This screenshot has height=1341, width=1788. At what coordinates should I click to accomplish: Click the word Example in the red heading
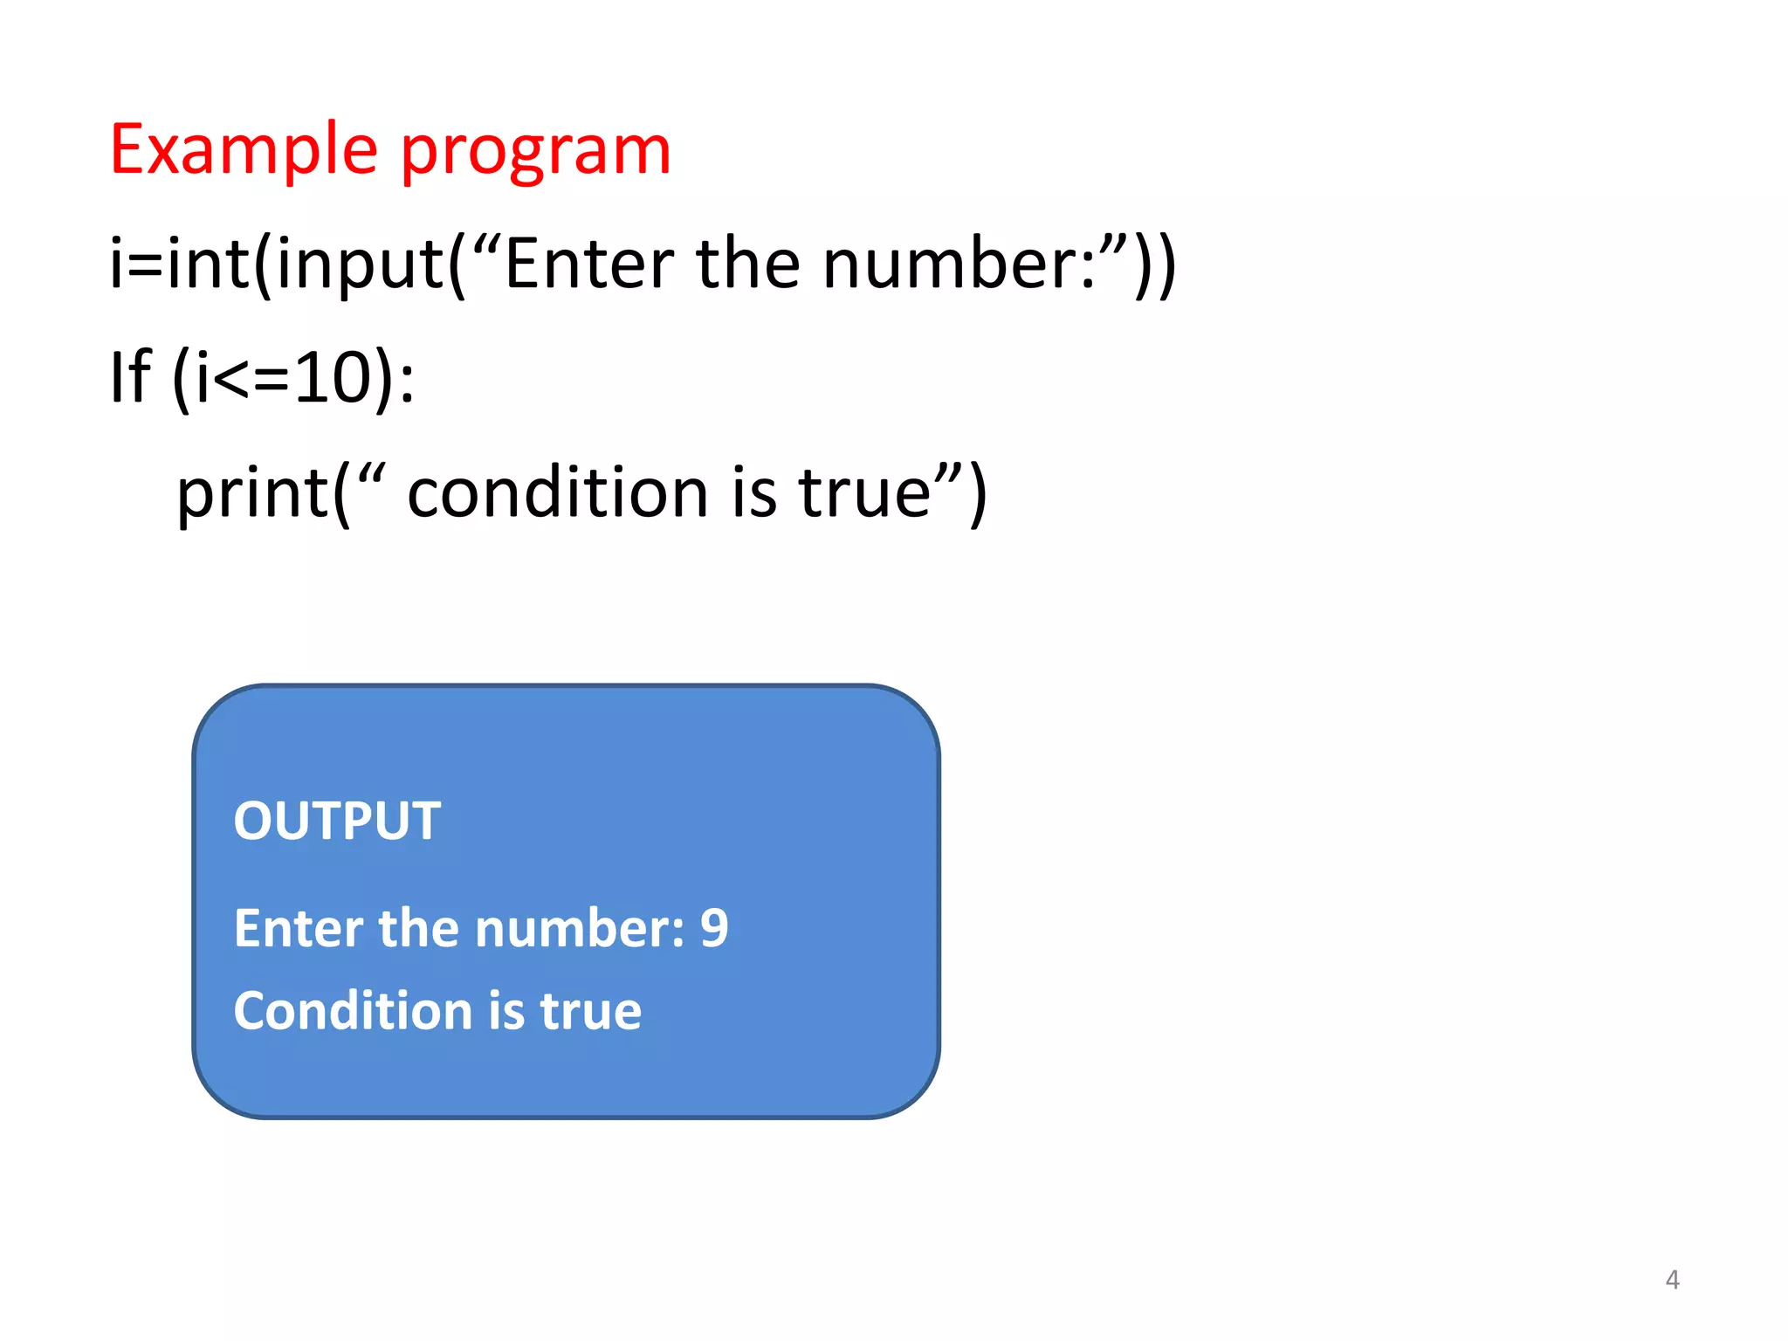(x=244, y=150)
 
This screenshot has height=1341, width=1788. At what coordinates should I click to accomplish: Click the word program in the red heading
(x=535, y=154)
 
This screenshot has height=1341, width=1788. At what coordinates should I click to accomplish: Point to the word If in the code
(x=130, y=377)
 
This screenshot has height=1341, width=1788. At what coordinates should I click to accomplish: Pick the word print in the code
(x=252, y=494)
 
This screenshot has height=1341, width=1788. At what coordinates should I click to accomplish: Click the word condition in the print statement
(x=559, y=492)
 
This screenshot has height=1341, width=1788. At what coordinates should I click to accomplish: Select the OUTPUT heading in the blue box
(x=337, y=822)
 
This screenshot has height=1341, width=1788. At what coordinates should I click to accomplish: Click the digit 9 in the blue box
(x=714, y=928)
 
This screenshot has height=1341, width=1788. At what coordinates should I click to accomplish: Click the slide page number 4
(x=1672, y=1280)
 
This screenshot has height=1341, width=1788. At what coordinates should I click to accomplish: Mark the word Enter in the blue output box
(x=298, y=928)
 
